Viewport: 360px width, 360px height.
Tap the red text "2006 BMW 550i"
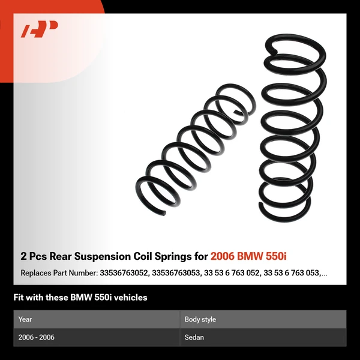pos(248,256)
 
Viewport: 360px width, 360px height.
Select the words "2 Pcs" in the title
pos(34,256)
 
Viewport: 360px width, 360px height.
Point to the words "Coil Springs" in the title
pos(163,256)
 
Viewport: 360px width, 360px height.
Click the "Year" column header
pos(25,319)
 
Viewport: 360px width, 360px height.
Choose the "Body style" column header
pos(200,319)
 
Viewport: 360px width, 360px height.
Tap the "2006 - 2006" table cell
pos(36,337)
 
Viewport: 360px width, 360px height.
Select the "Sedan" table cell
pos(194,337)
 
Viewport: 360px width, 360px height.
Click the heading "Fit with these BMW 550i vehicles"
pos(80,297)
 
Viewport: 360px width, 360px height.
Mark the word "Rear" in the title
pos(68,256)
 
